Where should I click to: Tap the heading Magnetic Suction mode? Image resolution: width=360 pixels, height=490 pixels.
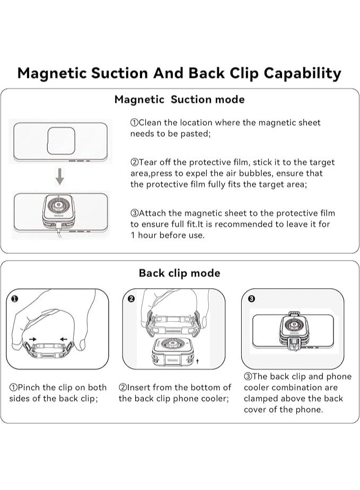[180, 100]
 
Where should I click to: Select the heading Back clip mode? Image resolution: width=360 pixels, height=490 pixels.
[179, 273]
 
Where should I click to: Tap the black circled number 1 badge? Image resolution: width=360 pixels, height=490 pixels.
[14, 299]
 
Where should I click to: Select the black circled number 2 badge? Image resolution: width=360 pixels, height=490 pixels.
[131, 299]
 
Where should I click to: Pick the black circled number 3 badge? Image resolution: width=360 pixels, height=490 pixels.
[251, 299]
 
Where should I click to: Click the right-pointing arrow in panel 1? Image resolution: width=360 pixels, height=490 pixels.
[33, 338]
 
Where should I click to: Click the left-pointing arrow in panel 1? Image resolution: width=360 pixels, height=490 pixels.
[64, 338]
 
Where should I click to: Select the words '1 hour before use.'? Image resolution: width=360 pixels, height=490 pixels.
[167, 235]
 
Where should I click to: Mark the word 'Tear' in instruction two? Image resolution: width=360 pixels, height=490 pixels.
[149, 162]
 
